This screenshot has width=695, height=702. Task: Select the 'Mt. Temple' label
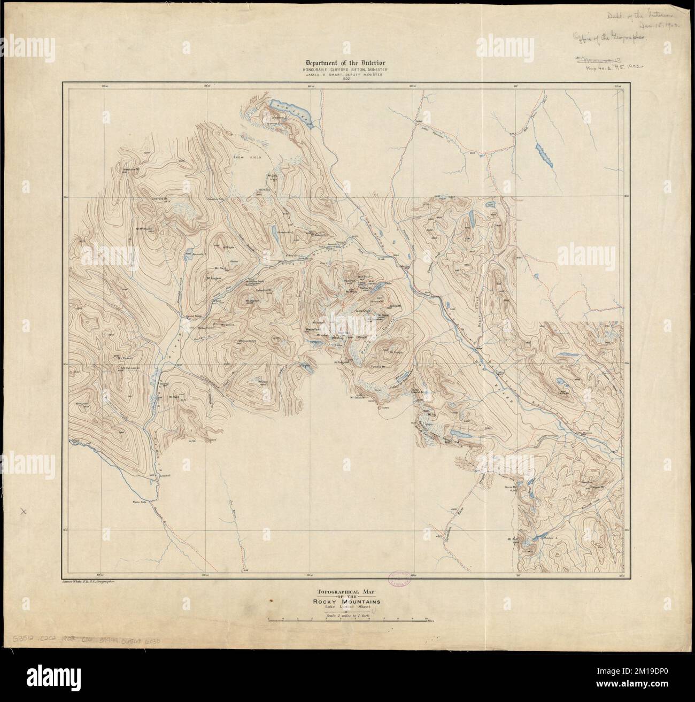click(x=395, y=352)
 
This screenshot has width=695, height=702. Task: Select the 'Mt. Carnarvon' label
click(x=130, y=368)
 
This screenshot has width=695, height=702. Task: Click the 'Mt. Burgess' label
click(x=214, y=279)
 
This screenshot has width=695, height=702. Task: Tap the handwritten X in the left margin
click(x=22, y=512)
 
